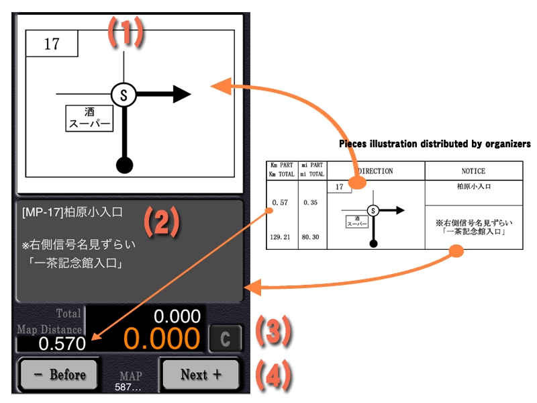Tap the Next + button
tap(200, 375)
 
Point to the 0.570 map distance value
tap(62, 344)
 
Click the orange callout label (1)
tap(126, 32)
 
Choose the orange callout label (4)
tap(273, 376)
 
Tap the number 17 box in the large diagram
tap(52, 45)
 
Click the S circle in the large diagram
tap(124, 95)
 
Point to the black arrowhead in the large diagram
tap(182, 95)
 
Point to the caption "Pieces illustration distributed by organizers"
tap(434, 144)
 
